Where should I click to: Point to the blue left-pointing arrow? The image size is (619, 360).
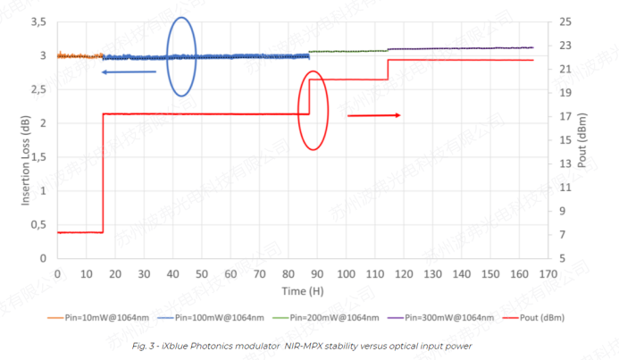[129, 71]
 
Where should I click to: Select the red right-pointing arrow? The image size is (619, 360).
[373, 115]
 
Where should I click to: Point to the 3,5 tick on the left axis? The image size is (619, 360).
[39, 21]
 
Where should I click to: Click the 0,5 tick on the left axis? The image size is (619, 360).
[39, 224]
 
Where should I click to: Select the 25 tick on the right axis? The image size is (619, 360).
[568, 21]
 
